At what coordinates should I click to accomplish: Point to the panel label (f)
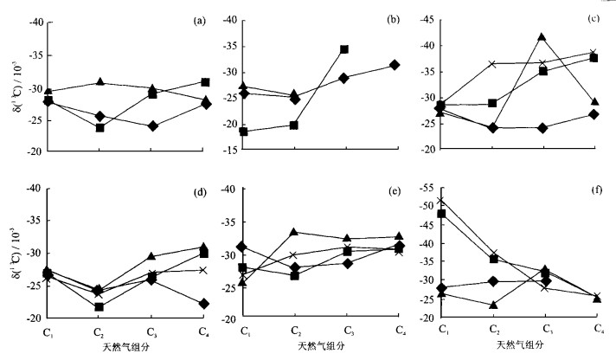tap(595, 189)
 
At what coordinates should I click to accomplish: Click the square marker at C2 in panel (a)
tap(100, 128)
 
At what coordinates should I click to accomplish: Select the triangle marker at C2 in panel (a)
tap(100, 82)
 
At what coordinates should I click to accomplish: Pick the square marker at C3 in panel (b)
tap(343, 49)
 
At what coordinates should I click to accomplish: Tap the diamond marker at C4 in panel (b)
tap(395, 65)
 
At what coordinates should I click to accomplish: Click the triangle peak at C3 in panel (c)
tap(542, 37)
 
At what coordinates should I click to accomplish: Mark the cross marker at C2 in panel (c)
tap(493, 64)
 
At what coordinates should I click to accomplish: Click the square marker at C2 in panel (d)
tap(99, 307)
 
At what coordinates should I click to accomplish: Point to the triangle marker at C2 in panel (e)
tap(294, 232)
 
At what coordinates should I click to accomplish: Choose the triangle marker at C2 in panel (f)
tap(493, 305)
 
